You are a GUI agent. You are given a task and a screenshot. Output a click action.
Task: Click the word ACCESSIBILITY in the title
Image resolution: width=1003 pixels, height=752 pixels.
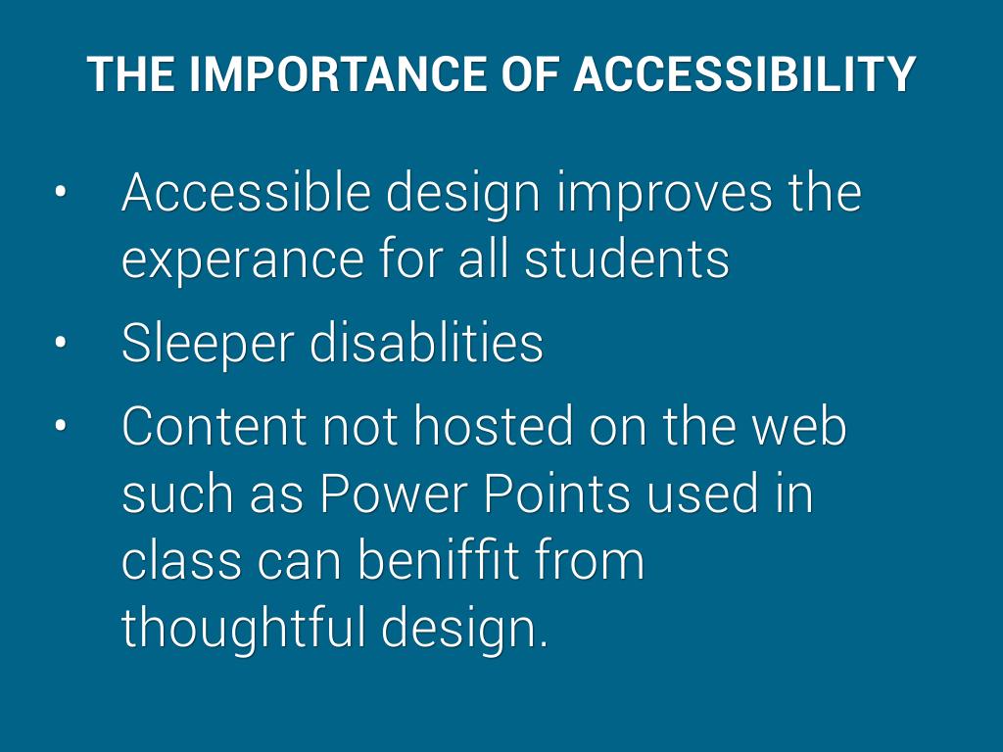[744, 74]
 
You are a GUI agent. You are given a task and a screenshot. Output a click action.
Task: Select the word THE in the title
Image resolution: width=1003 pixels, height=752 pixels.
[130, 74]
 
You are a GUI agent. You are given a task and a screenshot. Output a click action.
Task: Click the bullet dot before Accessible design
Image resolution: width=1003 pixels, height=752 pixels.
[60, 192]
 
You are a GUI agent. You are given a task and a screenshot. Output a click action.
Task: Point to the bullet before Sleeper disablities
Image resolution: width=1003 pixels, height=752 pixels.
[60, 343]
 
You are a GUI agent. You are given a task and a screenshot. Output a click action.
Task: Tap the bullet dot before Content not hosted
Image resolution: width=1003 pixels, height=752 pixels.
[60, 426]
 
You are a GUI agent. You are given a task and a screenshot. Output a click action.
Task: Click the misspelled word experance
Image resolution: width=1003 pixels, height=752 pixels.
[243, 262]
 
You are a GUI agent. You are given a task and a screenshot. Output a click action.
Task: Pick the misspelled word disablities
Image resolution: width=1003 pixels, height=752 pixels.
[427, 342]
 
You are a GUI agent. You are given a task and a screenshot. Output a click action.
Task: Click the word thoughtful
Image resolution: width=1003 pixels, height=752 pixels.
[243, 628]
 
